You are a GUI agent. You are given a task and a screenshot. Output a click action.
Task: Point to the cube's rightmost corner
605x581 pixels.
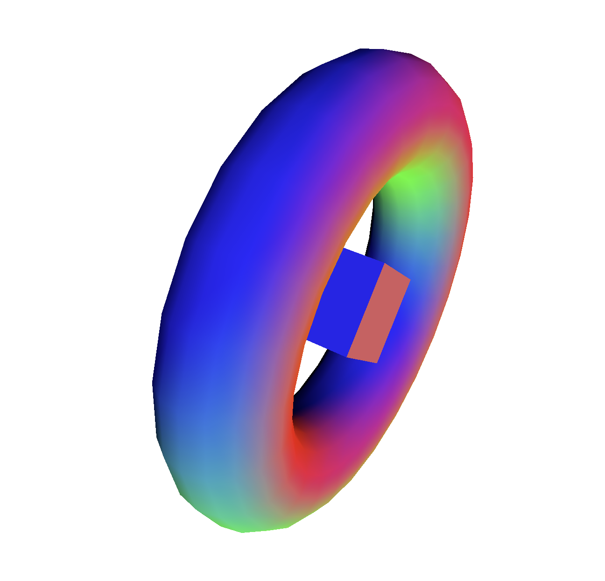410,280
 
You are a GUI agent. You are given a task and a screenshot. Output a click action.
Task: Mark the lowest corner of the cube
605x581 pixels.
377,363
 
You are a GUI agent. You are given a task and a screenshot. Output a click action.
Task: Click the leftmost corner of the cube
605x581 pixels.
307,340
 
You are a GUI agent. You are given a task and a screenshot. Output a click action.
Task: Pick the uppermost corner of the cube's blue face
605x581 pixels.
344,248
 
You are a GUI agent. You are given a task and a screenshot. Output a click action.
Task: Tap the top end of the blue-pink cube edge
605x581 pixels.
384,263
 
